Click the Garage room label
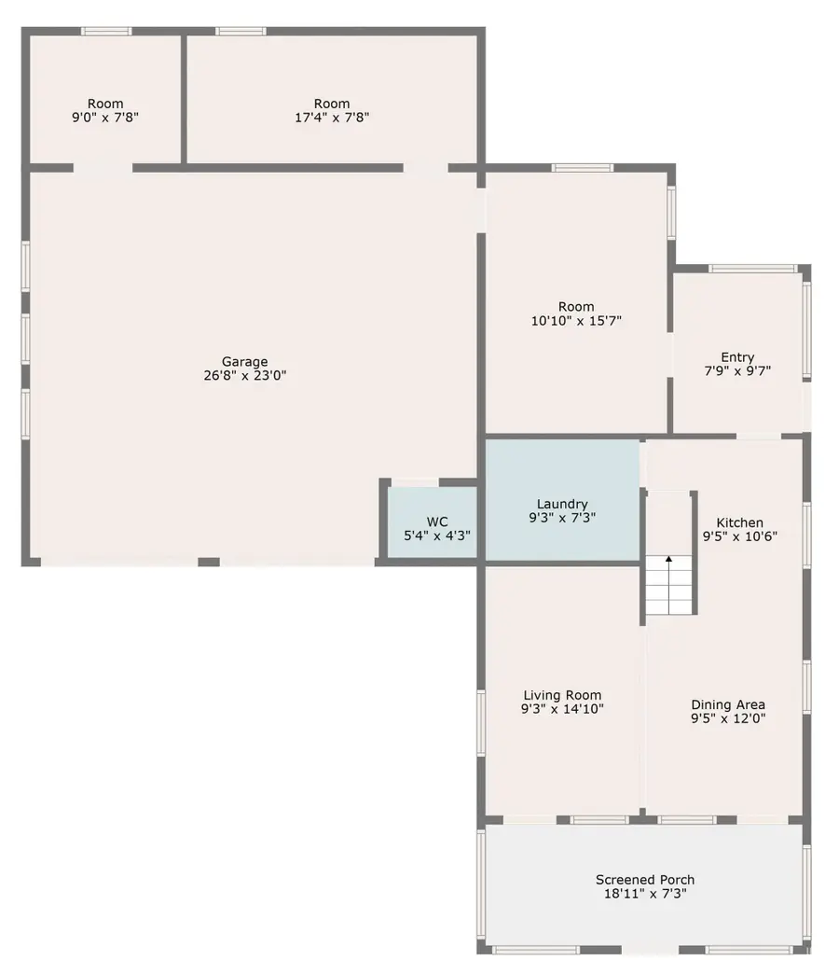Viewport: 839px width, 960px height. [x=244, y=362]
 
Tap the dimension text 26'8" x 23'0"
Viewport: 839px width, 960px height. [x=244, y=376]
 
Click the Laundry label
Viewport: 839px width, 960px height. [x=562, y=504]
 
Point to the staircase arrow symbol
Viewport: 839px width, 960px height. [x=667, y=560]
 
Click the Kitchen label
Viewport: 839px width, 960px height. [x=739, y=522]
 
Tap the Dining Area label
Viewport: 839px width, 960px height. [x=728, y=705]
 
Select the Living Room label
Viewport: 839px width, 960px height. [x=561, y=695]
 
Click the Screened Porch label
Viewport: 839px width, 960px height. [x=644, y=880]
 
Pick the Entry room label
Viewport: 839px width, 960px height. [x=737, y=356]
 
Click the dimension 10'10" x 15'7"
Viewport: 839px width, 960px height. [x=576, y=321]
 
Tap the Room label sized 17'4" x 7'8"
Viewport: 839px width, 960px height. [x=331, y=104]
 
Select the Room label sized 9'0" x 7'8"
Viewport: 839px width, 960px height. [x=105, y=104]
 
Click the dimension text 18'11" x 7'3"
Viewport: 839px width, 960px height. [x=644, y=894]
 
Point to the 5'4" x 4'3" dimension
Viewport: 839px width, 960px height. [x=436, y=536]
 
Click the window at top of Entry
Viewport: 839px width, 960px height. [x=751, y=269]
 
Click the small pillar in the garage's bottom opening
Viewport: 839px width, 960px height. [x=208, y=562]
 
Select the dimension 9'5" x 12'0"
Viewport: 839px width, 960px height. [x=728, y=719]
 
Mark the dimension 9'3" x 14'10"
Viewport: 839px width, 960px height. [x=561, y=709]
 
